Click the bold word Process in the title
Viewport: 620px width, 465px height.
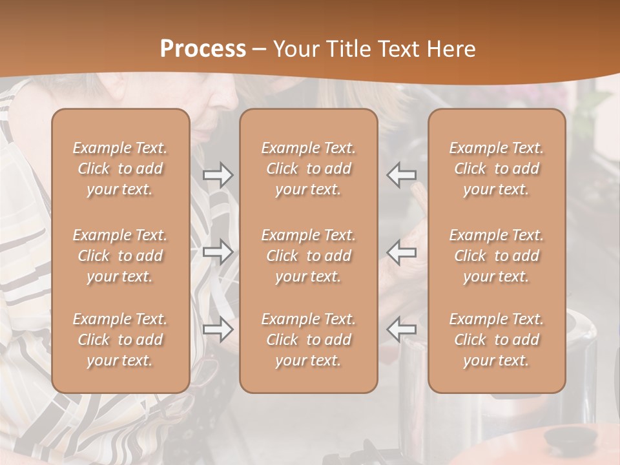click(203, 49)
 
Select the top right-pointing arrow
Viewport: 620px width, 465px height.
click(218, 175)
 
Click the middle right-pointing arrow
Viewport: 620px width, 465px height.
click(218, 252)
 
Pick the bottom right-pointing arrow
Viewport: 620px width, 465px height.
click(218, 330)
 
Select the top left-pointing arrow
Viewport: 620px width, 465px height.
click(401, 175)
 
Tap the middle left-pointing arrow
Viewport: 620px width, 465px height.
click(401, 252)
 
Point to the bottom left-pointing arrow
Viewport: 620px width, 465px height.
click(401, 329)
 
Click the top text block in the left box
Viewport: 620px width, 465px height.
click(120, 169)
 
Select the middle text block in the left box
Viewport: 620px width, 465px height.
click(120, 256)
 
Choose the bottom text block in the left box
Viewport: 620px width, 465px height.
click(120, 340)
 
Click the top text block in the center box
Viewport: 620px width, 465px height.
click(308, 169)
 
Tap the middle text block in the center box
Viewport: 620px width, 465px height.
click(308, 256)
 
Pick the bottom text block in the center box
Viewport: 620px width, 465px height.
click(308, 340)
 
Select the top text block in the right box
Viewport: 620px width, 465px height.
click(496, 169)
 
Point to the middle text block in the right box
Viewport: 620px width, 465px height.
click(496, 256)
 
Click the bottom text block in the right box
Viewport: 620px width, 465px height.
click(496, 340)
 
